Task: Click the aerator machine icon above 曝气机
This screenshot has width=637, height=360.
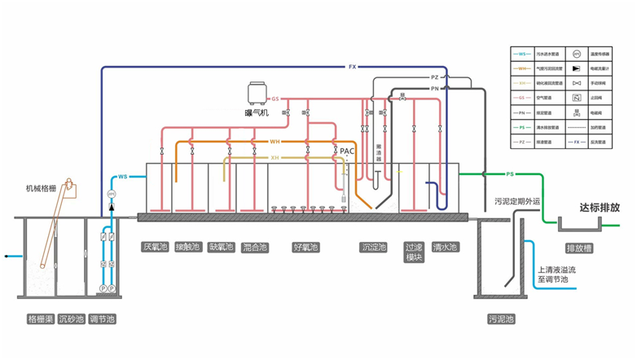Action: click(x=257, y=92)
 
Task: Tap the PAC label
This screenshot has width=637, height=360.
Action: click(x=348, y=151)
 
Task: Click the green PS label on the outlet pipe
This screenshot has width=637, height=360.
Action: click(x=511, y=173)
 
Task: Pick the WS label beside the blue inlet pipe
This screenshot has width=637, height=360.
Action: click(x=122, y=176)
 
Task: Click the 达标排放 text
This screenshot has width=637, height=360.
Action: click(x=600, y=208)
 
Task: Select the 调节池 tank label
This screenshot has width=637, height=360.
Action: click(x=103, y=319)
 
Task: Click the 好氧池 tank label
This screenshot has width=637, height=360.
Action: click(x=305, y=247)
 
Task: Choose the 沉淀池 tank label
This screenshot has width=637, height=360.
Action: click(x=374, y=247)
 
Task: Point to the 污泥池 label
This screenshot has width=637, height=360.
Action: click(x=501, y=319)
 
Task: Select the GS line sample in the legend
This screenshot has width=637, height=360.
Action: click(x=521, y=98)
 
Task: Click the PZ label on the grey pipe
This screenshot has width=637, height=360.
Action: click(x=434, y=77)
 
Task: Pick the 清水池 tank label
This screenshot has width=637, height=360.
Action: click(x=445, y=247)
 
